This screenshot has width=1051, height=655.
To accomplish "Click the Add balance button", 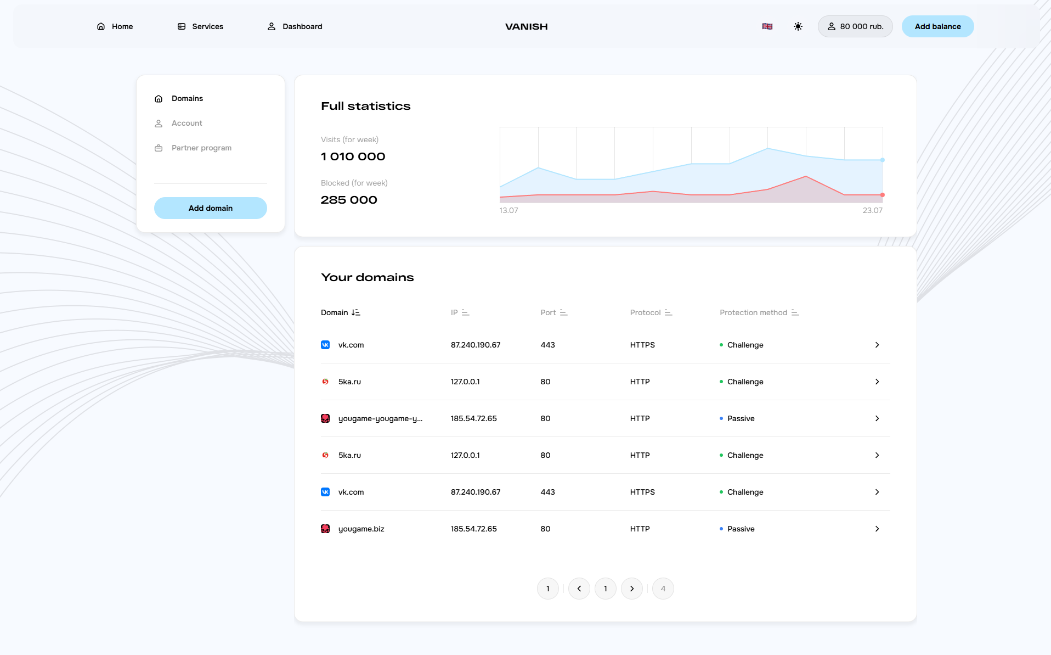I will pyautogui.click(x=937, y=26).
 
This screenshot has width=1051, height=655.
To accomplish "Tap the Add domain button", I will pyautogui.click(x=210, y=208).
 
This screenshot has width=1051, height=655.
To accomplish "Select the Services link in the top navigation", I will pyautogui.click(x=201, y=26).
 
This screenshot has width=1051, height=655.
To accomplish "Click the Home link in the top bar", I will pyautogui.click(x=115, y=26).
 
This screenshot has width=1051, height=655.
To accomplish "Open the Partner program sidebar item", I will pyautogui.click(x=201, y=148).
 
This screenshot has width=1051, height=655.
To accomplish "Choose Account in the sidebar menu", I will pyautogui.click(x=187, y=123).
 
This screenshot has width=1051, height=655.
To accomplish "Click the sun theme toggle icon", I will pyautogui.click(x=798, y=26).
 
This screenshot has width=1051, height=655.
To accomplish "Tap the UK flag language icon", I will pyautogui.click(x=767, y=26).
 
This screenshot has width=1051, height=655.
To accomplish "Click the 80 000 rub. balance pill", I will pyautogui.click(x=855, y=26).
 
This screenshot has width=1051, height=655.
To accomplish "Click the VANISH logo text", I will pyautogui.click(x=526, y=26).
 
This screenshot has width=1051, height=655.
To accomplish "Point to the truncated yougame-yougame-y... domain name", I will pyautogui.click(x=380, y=418).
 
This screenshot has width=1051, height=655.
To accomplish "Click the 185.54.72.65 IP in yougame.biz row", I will pyautogui.click(x=473, y=529).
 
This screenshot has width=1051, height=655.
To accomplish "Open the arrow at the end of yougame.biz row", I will pyautogui.click(x=877, y=529).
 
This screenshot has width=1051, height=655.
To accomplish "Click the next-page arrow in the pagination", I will pyautogui.click(x=632, y=589).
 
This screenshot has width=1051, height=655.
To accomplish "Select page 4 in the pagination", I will pyautogui.click(x=663, y=589).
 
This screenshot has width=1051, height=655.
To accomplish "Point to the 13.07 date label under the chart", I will pyautogui.click(x=508, y=210).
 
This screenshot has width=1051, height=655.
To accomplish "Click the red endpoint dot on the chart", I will pyautogui.click(x=883, y=195).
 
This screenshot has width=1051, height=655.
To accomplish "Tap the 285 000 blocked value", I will pyautogui.click(x=349, y=200).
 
